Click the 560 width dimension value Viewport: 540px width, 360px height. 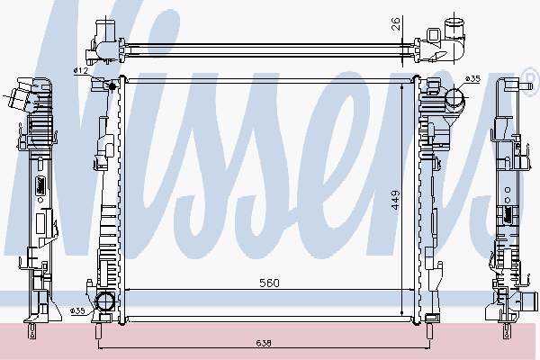269,283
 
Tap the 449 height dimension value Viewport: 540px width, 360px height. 396,200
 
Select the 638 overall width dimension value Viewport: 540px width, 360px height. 264,343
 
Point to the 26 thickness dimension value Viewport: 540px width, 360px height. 396,23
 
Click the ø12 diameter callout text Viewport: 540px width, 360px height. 81,70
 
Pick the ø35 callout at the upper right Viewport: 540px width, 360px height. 472,79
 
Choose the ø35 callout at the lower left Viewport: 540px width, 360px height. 77,311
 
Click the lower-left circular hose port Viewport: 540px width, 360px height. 104,301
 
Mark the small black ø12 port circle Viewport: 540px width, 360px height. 112,85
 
